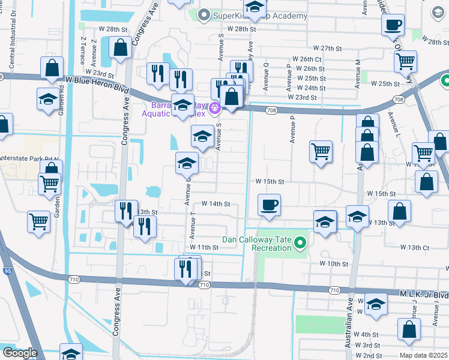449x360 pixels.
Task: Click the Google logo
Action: click(19, 353)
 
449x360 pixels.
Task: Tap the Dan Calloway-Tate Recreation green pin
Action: click(301, 244)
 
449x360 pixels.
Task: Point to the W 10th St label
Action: click(334, 264)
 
